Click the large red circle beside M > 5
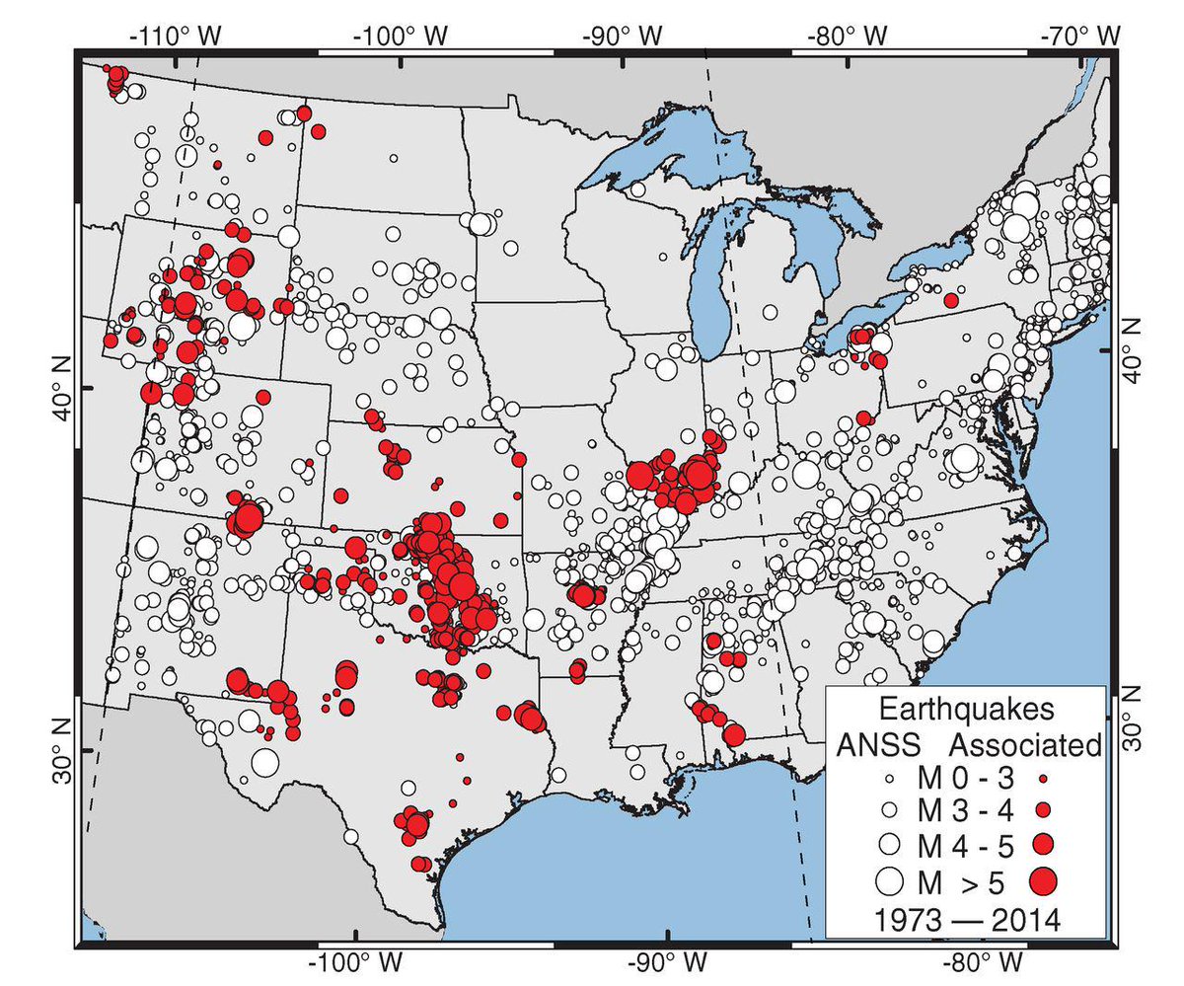pos(1043,877)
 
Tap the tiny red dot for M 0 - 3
pos(1043,778)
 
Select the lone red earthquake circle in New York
pos(951,300)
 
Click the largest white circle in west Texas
pos(264,762)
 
